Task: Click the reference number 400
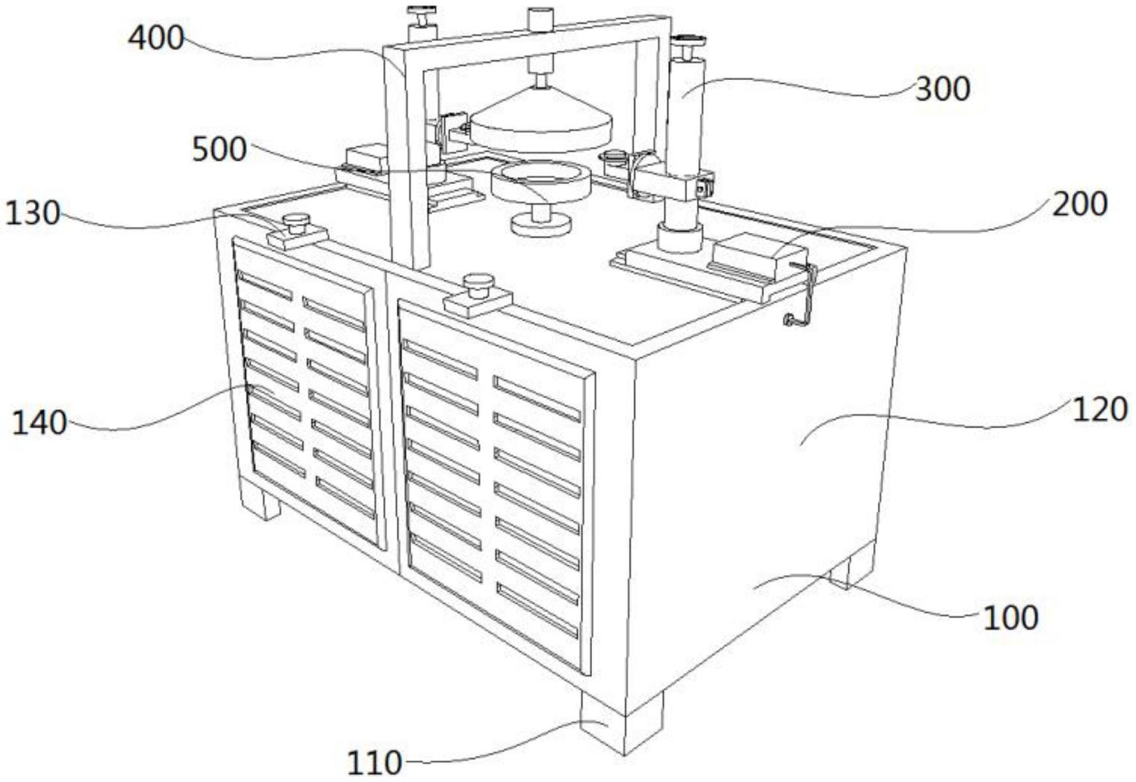[156, 38]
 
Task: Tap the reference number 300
[942, 89]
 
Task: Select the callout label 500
[219, 150]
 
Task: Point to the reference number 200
[1079, 204]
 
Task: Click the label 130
[33, 213]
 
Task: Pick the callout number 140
[39, 423]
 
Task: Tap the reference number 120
[1099, 410]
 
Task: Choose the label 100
[1010, 617]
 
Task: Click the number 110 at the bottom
[374, 762]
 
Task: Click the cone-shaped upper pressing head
[541, 120]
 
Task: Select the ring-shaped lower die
[540, 181]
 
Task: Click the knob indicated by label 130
[297, 223]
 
